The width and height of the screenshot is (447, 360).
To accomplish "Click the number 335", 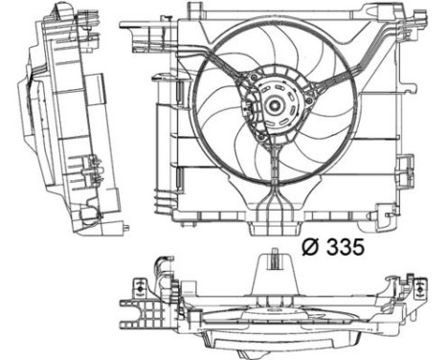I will [x=343, y=248].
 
